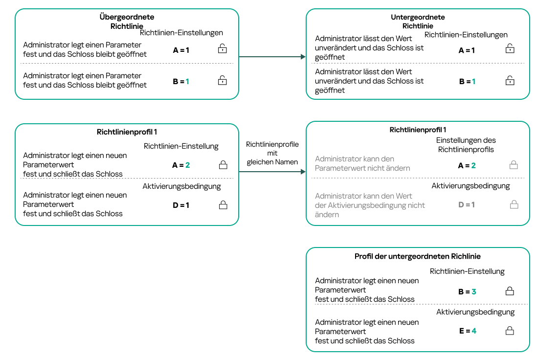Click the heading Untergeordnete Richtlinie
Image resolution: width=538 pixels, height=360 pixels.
point(418,22)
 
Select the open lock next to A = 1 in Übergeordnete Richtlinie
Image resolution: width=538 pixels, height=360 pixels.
point(223,48)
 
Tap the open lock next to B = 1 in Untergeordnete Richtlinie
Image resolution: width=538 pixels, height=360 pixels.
point(510,81)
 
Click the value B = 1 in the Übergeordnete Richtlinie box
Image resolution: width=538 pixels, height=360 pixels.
point(181,82)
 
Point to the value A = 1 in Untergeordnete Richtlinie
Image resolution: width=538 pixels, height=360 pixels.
point(467,50)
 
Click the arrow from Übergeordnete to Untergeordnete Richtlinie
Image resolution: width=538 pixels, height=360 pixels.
point(272,57)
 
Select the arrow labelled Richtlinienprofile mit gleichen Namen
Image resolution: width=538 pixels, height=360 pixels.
point(272,172)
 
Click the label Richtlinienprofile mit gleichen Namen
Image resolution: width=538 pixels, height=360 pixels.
point(272,153)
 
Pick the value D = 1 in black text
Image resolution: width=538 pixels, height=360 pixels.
point(181,205)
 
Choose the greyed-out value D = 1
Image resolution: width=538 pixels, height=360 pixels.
point(467,205)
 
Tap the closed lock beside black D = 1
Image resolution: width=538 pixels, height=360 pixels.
point(223,205)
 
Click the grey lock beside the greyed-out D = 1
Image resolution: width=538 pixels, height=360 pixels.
point(514,205)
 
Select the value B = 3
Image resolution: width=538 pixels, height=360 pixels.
point(467,292)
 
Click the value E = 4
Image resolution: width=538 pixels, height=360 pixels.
point(467,331)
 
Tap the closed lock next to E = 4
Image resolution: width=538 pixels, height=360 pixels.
point(509,331)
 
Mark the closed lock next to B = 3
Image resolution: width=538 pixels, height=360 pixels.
point(509,292)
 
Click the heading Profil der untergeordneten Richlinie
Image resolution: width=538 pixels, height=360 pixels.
point(417,256)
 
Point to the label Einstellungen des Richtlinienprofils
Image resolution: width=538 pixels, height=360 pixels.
point(466,145)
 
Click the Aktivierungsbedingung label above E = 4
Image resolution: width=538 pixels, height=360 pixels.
point(475,312)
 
